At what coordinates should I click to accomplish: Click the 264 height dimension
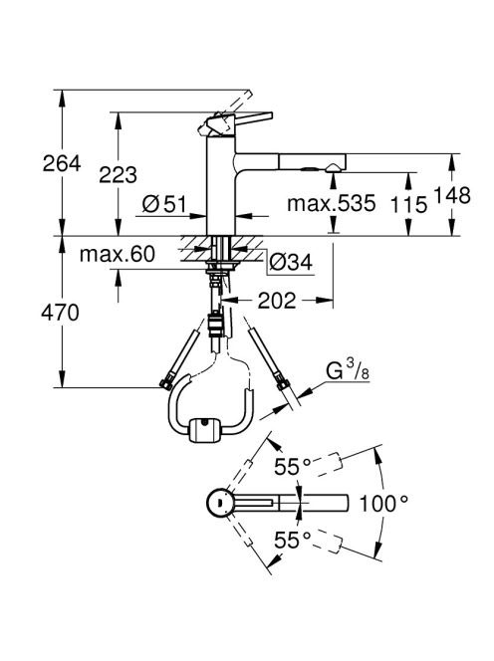click(x=62, y=163)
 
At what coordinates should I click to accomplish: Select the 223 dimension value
click(x=118, y=174)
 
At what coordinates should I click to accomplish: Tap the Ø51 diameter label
click(x=164, y=204)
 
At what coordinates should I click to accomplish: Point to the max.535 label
click(x=332, y=203)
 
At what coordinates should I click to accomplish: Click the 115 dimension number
click(x=408, y=205)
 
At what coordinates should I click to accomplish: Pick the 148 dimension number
click(x=452, y=195)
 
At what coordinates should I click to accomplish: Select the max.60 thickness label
click(x=118, y=254)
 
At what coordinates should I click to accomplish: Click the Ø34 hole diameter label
click(x=291, y=263)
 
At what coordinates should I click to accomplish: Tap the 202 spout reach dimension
click(x=277, y=301)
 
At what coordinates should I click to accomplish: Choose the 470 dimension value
click(x=60, y=313)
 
